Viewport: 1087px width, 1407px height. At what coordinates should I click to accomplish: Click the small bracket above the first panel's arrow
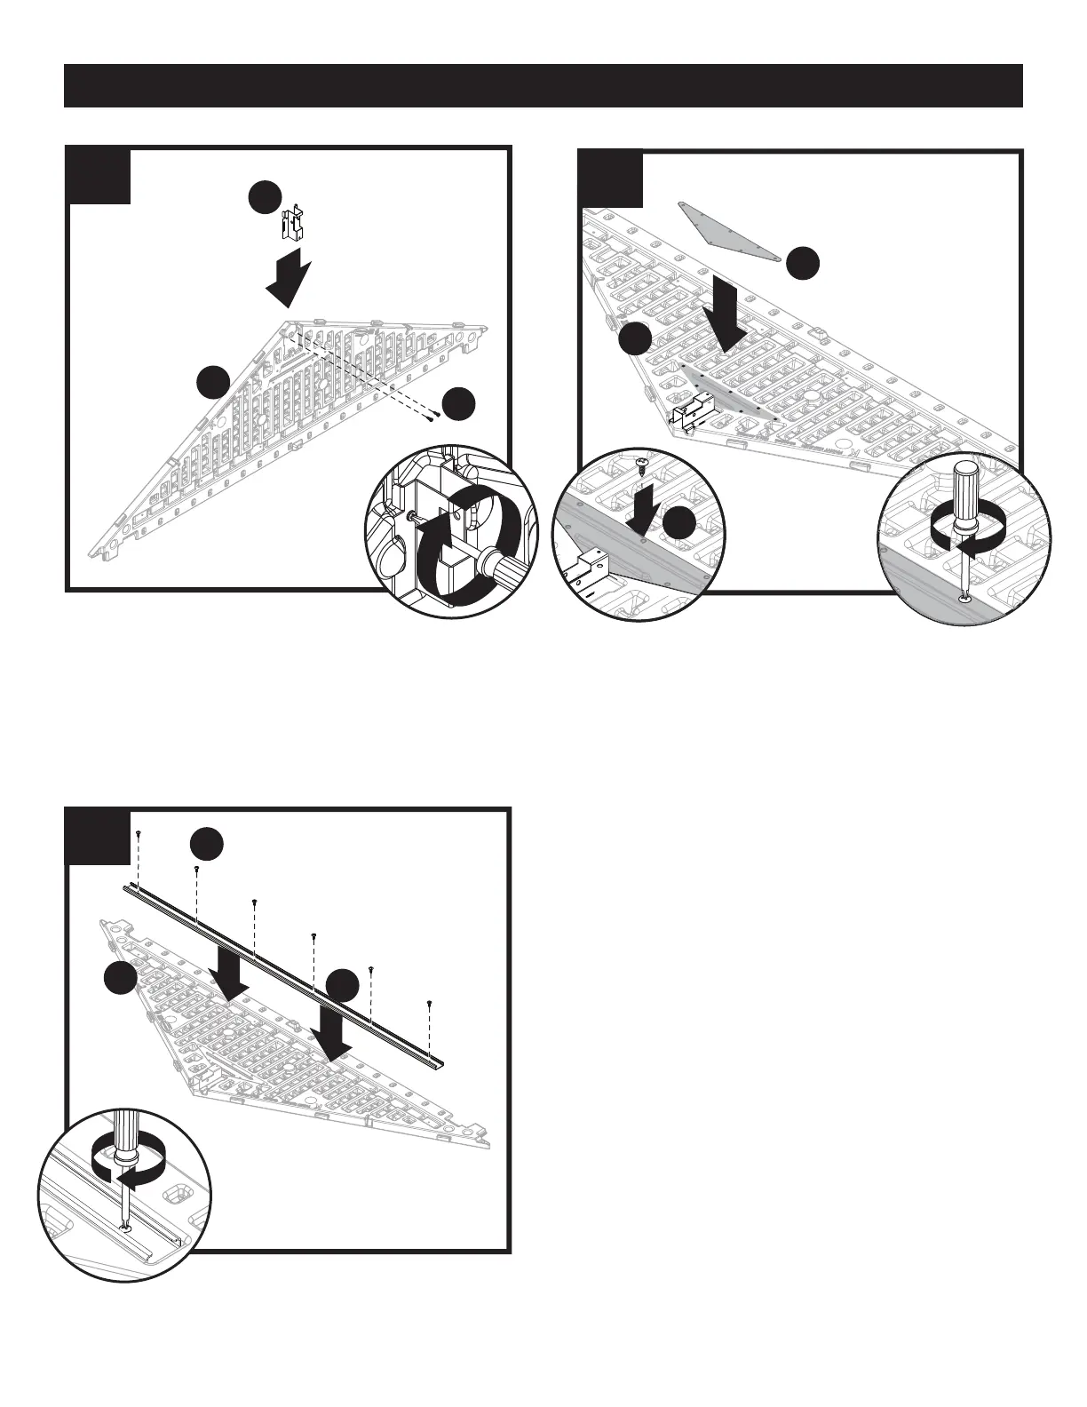[x=293, y=225]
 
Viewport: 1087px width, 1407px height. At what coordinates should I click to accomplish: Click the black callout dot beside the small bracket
[x=265, y=198]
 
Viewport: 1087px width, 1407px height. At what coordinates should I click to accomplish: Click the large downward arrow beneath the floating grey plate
[x=727, y=320]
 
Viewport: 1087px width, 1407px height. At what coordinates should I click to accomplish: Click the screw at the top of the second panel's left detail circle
[x=642, y=465]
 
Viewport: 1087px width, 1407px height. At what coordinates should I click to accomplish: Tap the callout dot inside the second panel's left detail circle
[x=681, y=524]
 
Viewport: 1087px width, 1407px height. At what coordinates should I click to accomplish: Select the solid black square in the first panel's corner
[x=99, y=175]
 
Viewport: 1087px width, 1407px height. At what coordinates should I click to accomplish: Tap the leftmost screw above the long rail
[x=139, y=833]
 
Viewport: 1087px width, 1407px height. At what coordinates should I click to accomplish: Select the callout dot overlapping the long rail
[x=342, y=985]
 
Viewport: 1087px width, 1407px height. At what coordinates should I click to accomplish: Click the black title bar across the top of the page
[x=543, y=85]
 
